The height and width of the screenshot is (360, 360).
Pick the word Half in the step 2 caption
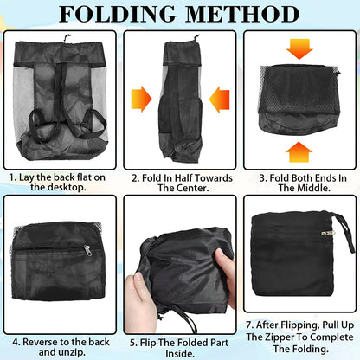[177, 177]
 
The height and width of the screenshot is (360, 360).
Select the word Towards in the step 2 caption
[212, 177]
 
